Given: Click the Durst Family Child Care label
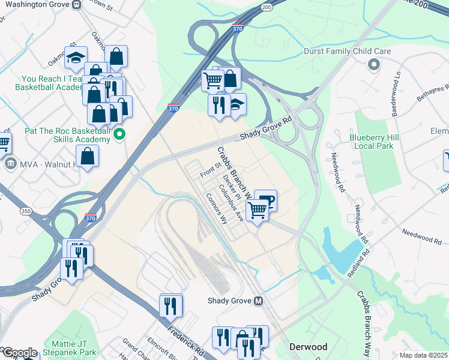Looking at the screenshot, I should click(348, 52).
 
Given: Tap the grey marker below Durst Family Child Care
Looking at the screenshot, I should click(374, 64).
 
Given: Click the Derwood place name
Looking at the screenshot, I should click(308, 347).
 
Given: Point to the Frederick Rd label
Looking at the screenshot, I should click(186, 338).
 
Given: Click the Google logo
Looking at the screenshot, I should click(19, 353).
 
